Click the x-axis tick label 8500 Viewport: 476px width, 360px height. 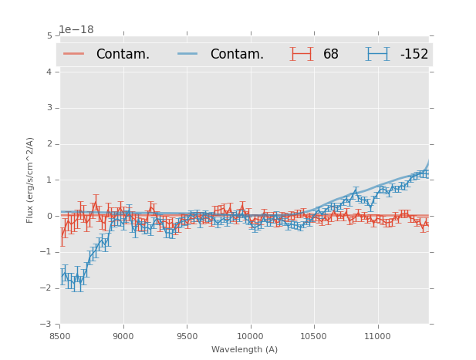[x=59, y=337]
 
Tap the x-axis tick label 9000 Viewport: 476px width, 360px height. [x=123, y=337]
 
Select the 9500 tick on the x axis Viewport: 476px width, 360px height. [x=187, y=337]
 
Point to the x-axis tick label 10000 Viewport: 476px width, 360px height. [x=251, y=337]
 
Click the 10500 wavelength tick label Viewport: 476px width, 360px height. [x=314, y=337]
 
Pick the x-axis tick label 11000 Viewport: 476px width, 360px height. [x=378, y=337]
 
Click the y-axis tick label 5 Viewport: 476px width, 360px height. [x=49, y=35]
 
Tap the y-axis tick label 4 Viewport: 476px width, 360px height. [x=49, y=72]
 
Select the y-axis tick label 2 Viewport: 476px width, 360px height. [x=49, y=144]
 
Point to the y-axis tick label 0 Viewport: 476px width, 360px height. [x=49, y=216]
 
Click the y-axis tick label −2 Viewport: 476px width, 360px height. [x=47, y=288]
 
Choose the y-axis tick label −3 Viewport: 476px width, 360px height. [x=47, y=325]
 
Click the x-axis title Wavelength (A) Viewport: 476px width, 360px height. [x=245, y=350]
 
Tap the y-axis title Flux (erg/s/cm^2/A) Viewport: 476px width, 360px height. [x=31, y=180]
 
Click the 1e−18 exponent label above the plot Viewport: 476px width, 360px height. [x=76, y=29]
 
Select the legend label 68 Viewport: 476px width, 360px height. [x=331, y=54]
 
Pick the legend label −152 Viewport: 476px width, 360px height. [x=414, y=54]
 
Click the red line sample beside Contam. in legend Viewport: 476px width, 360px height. [x=74, y=54]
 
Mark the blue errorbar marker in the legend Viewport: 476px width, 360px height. [x=377, y=54]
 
